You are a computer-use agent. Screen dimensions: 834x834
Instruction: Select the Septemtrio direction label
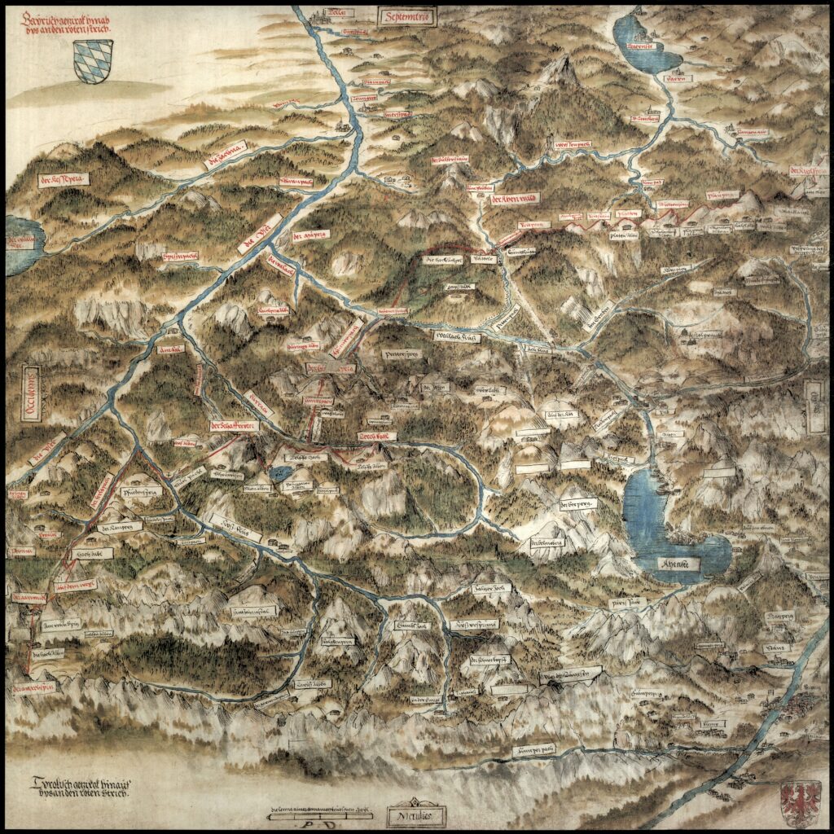pos(408,15)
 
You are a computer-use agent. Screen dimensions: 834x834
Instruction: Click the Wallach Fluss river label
pos(457,336)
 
